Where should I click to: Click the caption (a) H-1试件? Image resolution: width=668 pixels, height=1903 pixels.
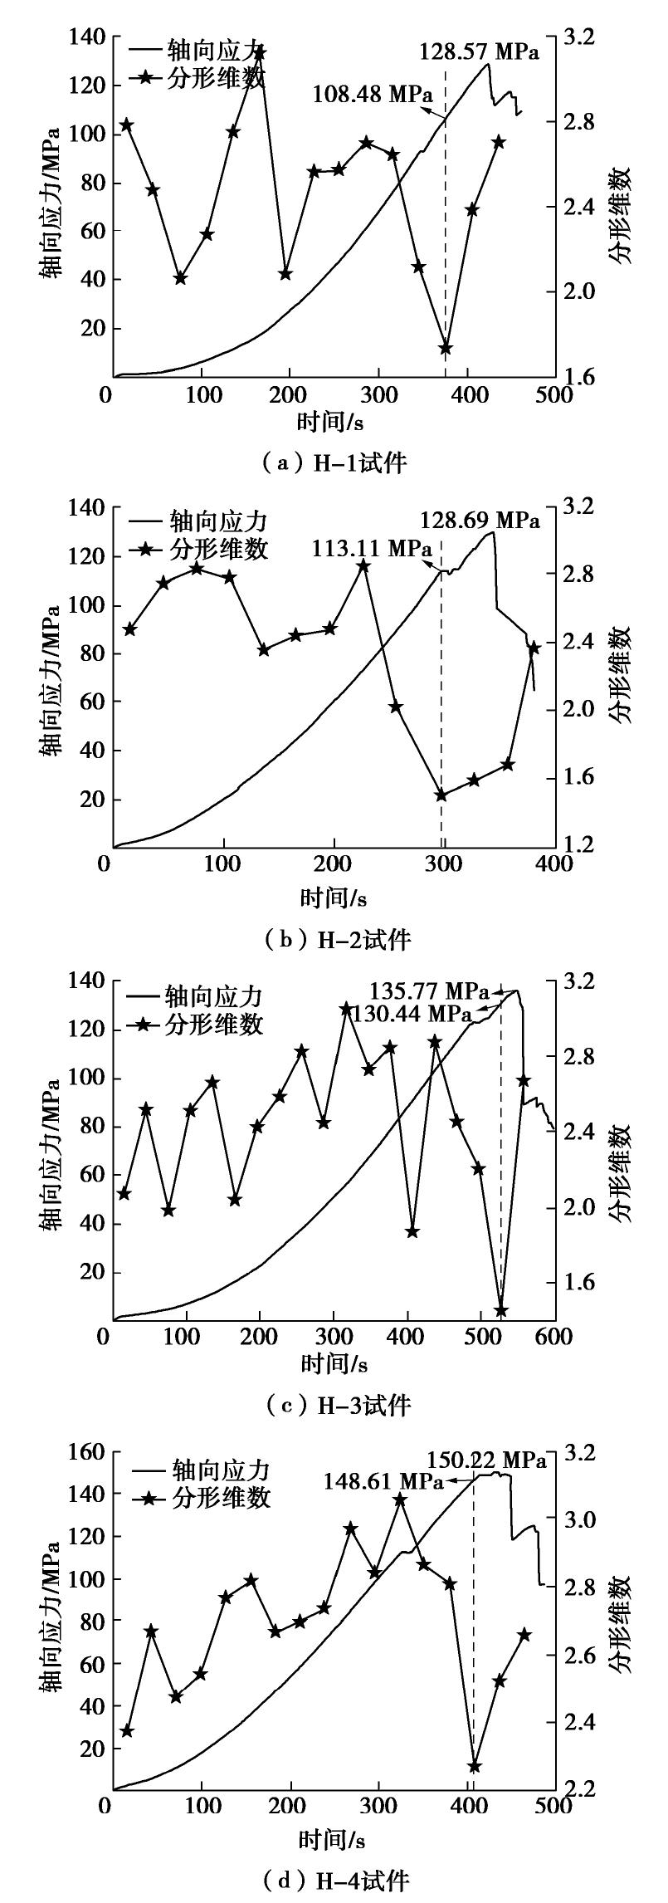point(334,462)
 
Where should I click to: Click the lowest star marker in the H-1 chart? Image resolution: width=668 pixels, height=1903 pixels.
point(446,348)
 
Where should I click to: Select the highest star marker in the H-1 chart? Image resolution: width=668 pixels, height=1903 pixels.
point(259,53)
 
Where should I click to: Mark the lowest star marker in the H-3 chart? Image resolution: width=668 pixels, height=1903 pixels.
point(500,1311)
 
